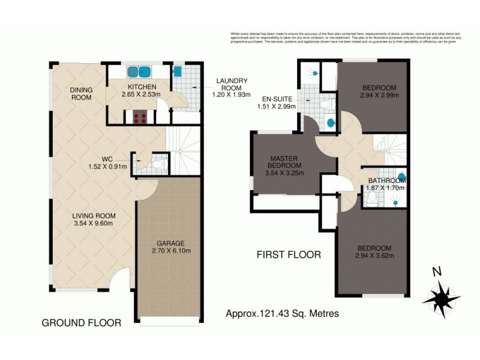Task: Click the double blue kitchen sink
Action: point(139,72)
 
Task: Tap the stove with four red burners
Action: point(140,118)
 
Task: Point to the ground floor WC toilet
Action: point(157,164)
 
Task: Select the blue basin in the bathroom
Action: point(401,177)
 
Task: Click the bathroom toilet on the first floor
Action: point(371,199)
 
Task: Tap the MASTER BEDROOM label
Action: point(284,162)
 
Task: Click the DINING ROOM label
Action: point(82,94)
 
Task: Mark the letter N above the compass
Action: point(437,271)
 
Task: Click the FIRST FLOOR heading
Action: point(288,254)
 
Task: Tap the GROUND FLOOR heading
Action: point(81,323)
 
